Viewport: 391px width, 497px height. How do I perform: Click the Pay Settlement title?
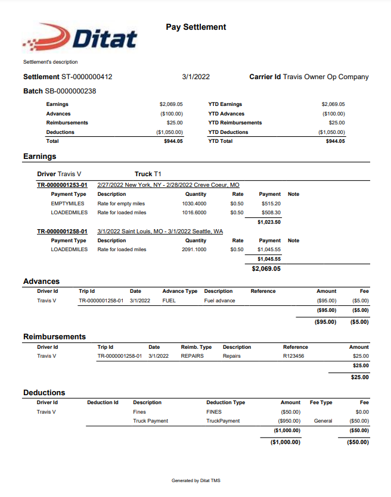click(195, 27)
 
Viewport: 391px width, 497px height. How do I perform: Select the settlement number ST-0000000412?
click(87, 77)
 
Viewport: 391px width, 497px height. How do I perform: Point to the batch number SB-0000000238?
click(70, 91)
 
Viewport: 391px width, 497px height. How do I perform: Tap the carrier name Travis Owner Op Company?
click(325, 77)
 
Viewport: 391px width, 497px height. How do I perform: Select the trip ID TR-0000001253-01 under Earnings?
click(62, 185)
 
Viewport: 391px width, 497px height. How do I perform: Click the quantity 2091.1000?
click(194, 249)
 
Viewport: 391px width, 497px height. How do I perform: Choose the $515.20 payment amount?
click(271, 204)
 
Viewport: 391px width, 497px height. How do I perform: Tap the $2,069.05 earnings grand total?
click(266, 268)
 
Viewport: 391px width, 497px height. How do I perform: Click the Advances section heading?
click(41, 281)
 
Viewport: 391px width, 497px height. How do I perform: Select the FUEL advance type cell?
click(169, 301)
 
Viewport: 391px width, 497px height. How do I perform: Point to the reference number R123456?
click(293, 356)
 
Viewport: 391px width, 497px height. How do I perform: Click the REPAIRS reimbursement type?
click(193, 356)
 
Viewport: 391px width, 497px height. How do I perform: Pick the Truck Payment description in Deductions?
click(150, 421)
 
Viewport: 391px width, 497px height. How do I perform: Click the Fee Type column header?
click(321, 402)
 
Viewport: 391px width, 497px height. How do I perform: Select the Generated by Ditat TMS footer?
click(195, 480)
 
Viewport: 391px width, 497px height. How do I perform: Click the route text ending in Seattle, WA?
click(160, 231)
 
